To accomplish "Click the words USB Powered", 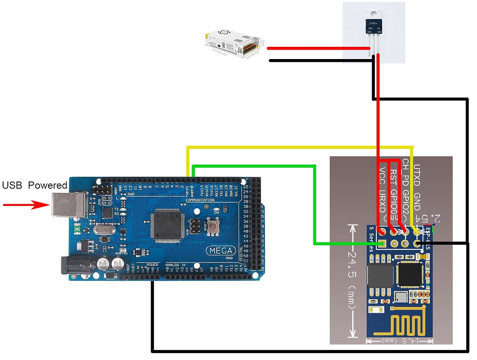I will click(x=35, y=185).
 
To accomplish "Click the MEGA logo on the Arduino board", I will click(x=221, y=251).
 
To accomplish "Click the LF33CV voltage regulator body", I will click(x=373, y=27).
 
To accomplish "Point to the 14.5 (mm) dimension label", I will click(x=400, y=340).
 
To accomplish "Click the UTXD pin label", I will click(x=417, y=175).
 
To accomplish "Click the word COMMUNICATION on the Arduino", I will click(x=200, y=200).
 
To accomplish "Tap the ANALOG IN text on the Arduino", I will click(x=175, y=265).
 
